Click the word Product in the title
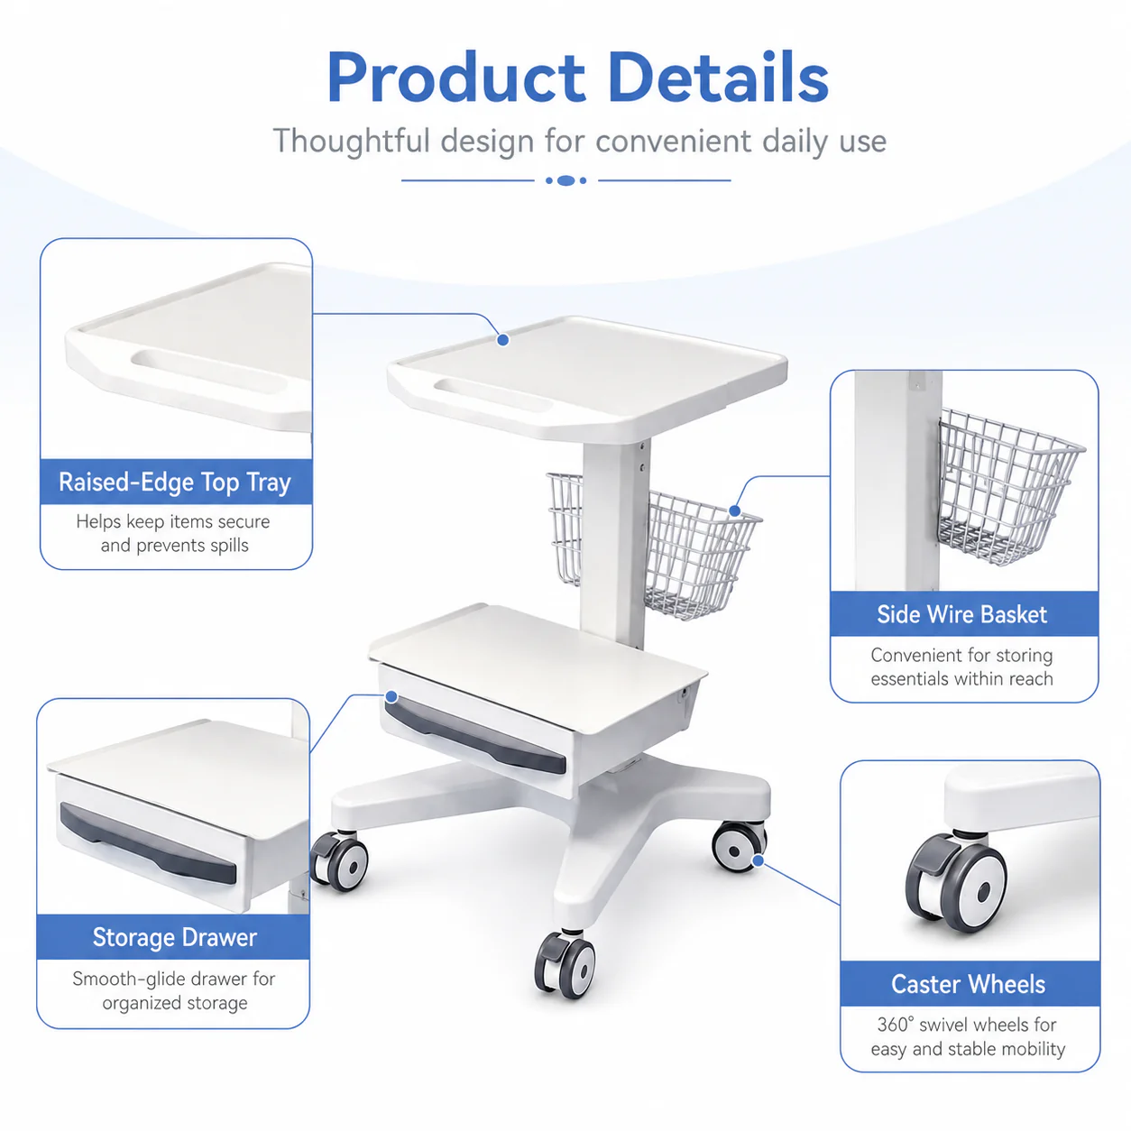[456, 78]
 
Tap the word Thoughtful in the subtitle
[352, 141]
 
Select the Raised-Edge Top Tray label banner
[176, 482]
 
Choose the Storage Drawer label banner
[174, 937]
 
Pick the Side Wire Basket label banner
[964, 614]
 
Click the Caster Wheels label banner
[970, 984]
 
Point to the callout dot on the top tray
[503, 339]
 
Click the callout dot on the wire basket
[735, 510]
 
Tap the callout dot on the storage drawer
[391, 696]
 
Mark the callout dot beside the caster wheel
[758, 860]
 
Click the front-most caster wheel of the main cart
[565, 964]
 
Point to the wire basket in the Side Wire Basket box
[1008, 486]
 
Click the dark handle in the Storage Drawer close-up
[148, 843]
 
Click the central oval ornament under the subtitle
[565, 180]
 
